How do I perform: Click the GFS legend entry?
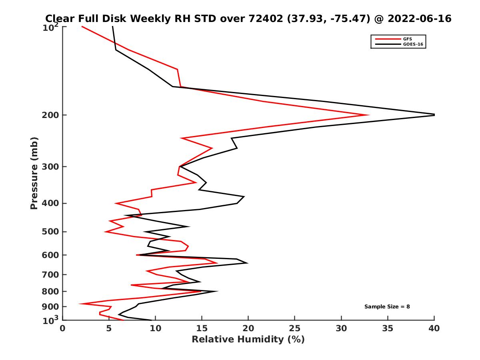click(408, 39)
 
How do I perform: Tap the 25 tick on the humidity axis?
click(295, 328)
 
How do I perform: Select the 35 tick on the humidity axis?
click(388, 328)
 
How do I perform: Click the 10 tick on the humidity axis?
click(155, 328)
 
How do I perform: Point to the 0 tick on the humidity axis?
click(63, 328)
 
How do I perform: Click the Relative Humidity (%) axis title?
click(248, 340)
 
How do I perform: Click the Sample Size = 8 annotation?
click(387, 307)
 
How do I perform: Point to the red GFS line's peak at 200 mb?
click(368, 115)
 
